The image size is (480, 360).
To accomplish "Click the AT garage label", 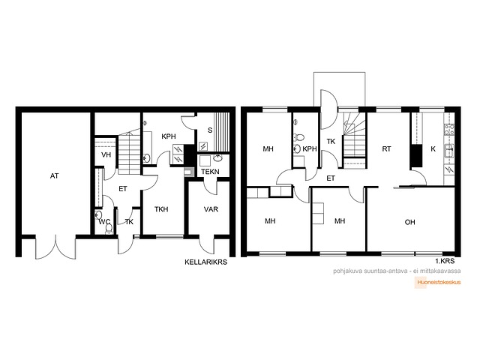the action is tap(55, 176).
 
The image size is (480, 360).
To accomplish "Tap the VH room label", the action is tap(106, 155).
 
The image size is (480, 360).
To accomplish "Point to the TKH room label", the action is tap(161, 209).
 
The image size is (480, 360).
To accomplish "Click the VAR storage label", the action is tap(211, 209).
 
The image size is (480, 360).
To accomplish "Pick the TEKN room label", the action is tap(210, 172).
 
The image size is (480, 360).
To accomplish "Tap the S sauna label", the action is tap(210, 130).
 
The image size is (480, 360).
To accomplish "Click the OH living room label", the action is tap(410, 222).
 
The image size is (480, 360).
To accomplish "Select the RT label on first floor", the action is tap(387, 149).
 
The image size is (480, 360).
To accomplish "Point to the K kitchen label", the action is tap(433, 149).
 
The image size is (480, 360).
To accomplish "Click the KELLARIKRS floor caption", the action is tap(206, 262).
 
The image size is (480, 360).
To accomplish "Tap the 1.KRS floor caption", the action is tap(445, 261).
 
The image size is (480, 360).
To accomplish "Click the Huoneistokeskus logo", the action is tap(438, 283).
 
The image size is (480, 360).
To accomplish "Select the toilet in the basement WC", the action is tap(109, 229).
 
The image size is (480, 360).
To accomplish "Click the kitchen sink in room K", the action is tap(449, 151).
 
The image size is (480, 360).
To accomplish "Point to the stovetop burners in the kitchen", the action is tap(449, 130).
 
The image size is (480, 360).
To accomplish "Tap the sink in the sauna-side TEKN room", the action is tap(217, 158).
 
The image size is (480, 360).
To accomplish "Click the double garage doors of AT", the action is tap(55, 247).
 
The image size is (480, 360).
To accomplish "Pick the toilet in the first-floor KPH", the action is tap(298, 137).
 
